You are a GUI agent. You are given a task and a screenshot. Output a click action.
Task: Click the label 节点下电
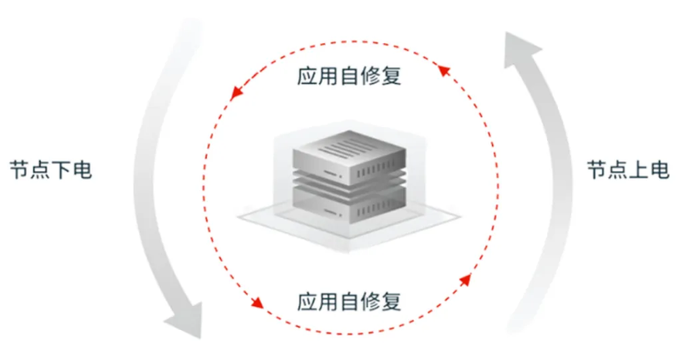(51, 170)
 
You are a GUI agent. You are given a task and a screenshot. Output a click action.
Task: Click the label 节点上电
(628, 170)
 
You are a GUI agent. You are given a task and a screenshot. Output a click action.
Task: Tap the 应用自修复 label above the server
(349, 76)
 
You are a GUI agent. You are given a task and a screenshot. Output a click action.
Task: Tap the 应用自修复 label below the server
(349, 302)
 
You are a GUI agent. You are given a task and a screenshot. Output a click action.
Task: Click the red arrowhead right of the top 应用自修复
(444, 71)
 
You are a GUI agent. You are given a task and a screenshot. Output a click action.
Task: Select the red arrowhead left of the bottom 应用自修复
(258, 303)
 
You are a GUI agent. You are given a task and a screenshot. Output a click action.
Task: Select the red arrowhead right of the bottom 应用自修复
(466, 279)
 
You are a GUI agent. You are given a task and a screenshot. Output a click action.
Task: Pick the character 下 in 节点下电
(62, 170)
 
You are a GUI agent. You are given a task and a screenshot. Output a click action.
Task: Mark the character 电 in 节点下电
(82, 170)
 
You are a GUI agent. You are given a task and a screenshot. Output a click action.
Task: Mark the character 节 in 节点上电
(597, 170)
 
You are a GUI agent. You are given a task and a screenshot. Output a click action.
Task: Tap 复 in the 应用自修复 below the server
(392, 302)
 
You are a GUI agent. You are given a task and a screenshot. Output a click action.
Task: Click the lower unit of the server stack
(349, 205)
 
